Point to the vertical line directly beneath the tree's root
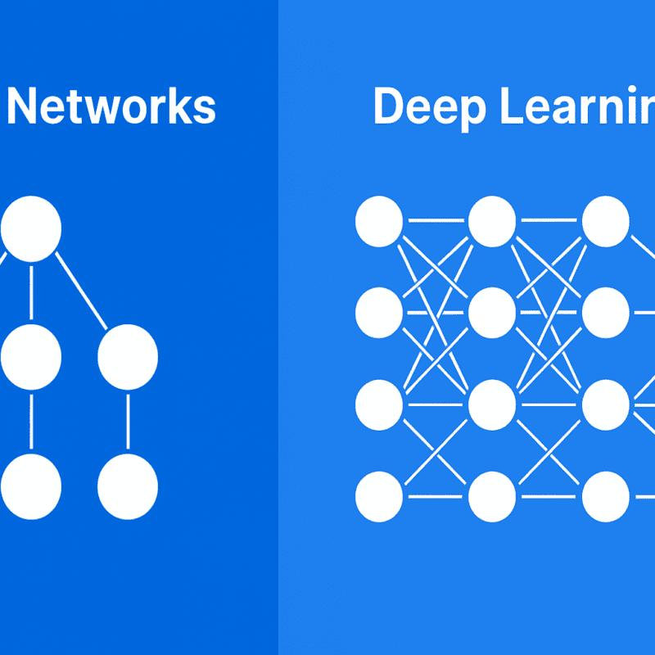click(x=31, y=292)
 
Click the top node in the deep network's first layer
click(x=379, y=222)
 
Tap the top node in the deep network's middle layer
click(x=492, y=222)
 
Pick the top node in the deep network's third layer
click(x=606, y=222)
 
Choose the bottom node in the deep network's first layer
click(x=379, y=496)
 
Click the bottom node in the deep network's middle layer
click(x=492, y=496)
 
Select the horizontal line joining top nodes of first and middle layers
click(x=436, y=221)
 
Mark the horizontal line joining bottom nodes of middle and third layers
click(x=549, y=496)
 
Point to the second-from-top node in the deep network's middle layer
click(x=492, y=313)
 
